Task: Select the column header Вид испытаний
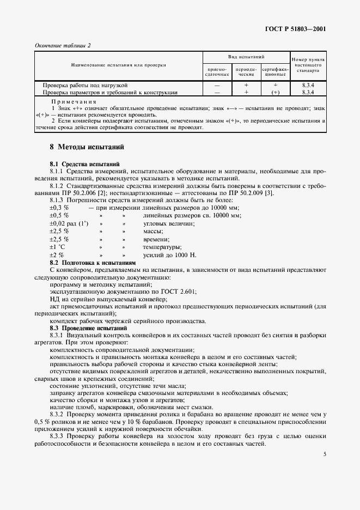point(246,57)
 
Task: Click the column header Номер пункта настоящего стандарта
point(308,65)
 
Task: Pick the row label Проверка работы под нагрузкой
point(85,86)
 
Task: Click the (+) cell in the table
point(276,92)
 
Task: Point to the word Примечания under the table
point(74,102)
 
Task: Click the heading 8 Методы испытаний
point(87,147)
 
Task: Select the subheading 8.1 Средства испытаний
point(81,164)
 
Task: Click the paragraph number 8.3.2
point(58,415)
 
